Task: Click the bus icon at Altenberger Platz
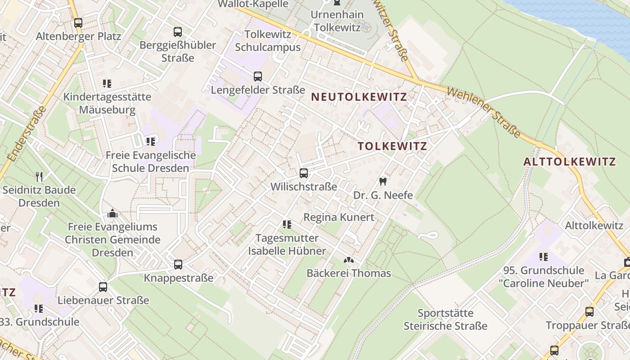[x=78, y=22]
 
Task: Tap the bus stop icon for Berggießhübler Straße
[x=178, y=32]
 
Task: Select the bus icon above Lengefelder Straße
[x=257, y=76]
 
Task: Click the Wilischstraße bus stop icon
[x=304, y=173]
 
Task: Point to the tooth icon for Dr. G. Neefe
[x=383, y=182]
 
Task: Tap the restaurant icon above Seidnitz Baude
[x=39, y=176]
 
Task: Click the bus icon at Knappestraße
[x=178, y=265]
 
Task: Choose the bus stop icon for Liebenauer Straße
[x=103, y=287]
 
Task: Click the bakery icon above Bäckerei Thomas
[x=348, y=260]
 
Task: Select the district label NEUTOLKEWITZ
[x=359, y=97]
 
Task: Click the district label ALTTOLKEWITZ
[x=569, y=162]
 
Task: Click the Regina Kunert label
[x=339, y=217]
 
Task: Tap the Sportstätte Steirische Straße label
[x=445, y=319]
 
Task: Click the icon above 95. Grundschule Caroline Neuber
[x=544, y=257]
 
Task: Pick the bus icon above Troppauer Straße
[x=589, y=311]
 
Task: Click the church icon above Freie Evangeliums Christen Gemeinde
[x=112, y=213]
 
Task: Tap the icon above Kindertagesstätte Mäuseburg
[x=107, y=83]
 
